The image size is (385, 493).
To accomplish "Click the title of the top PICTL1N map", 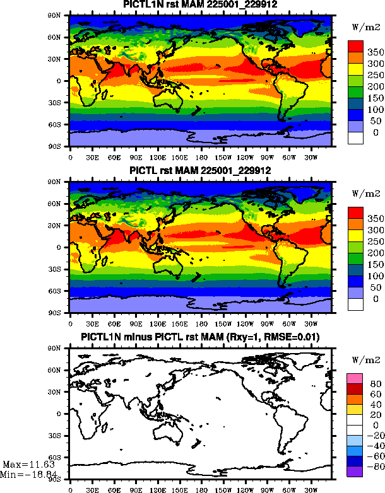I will tap(199, 5).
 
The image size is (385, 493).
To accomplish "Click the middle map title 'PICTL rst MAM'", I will tap(199, 171).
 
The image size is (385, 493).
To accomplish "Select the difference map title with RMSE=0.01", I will tap(199, 338).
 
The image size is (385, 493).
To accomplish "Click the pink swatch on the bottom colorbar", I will tap(355, 377).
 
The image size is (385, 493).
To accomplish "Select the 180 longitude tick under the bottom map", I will tap(201, 489).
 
